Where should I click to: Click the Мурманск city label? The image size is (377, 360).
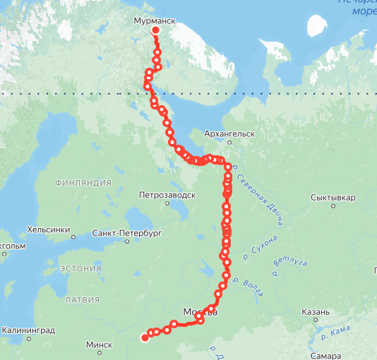(154, 22)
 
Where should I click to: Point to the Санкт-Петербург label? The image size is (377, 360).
(127, 232)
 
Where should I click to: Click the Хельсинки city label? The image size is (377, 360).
(48, 229)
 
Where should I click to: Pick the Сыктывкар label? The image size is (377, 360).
(333, 198)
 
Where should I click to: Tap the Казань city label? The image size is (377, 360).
(314, 312)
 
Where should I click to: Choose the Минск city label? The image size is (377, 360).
(99, 345)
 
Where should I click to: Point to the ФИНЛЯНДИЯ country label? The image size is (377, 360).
(83, 183)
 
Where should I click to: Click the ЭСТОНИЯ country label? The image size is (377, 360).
(80, 268)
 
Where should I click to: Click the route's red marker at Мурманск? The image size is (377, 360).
(155, 31)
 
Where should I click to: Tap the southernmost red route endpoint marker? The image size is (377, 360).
(145, 338)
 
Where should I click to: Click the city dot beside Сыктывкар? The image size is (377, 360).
(333, 208)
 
